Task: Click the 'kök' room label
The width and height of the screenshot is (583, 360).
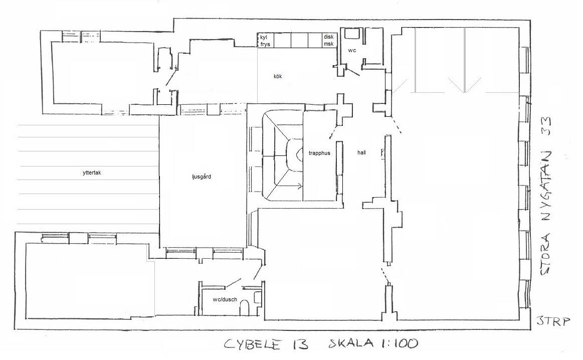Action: point(278,76)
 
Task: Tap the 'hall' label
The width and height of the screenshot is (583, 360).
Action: point(361,152)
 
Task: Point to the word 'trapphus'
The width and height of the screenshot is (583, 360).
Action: point(319,153)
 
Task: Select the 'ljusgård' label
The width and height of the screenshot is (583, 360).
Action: point(202,176)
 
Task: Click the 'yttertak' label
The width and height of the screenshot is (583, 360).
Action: point(92,172)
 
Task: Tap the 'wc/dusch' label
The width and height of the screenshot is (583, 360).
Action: point(225,299)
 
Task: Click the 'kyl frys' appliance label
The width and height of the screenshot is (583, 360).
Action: point(265,41)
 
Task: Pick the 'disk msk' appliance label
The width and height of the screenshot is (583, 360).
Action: point(329,41)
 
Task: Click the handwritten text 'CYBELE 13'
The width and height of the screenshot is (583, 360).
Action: point(266,344)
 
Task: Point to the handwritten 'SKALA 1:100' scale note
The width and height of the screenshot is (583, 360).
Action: point(373,342)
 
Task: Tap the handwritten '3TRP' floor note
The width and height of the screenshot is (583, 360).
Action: point(553,321)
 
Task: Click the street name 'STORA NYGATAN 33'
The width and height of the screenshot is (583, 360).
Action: point(546,197)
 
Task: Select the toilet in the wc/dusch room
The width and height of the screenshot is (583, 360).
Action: point(245,307)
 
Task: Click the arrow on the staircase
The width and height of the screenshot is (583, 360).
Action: point(288,187)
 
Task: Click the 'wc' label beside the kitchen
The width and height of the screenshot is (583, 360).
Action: point(352,50)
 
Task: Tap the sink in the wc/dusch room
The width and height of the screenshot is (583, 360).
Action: point(258,297)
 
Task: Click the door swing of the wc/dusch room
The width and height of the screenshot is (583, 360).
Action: point(234,283)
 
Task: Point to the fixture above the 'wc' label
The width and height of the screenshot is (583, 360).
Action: point(350,34)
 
